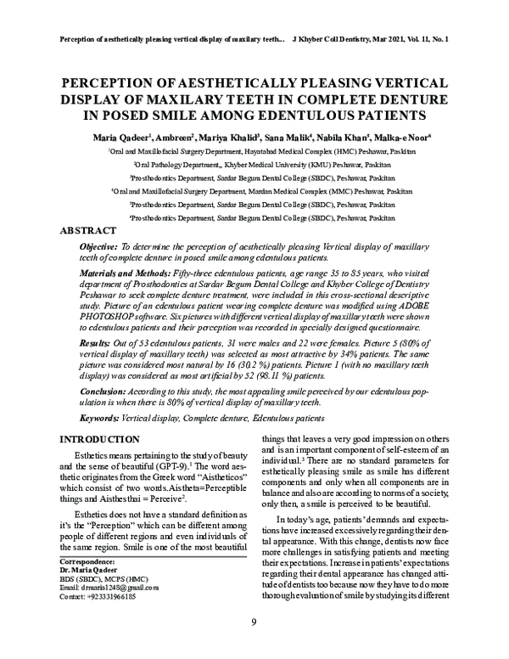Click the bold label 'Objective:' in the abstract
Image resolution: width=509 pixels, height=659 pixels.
click(96, 245)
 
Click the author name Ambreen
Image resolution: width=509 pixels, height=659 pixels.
click(173, 137)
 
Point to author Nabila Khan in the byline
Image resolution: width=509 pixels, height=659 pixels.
click(344, 137)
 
